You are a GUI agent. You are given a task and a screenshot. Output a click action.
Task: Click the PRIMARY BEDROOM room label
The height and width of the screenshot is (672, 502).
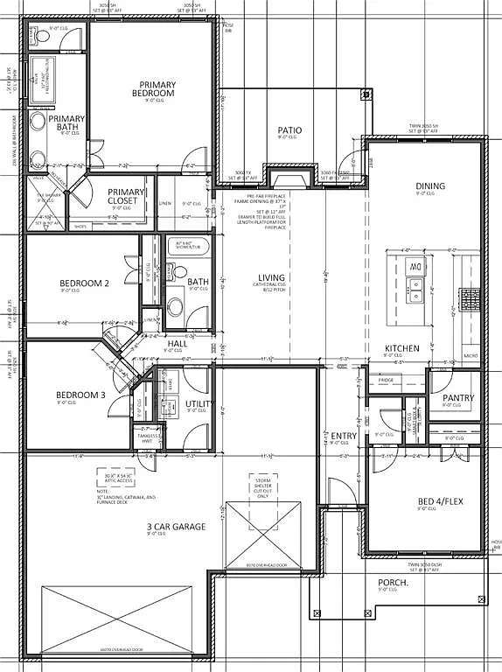coord(154,88)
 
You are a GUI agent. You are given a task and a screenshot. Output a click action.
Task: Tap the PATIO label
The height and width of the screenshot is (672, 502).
coord(289,129)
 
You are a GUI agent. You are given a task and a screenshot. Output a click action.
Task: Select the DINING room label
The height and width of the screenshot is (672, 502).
coord(430,185)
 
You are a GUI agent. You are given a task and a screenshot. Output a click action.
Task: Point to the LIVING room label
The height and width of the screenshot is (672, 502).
coord(271,277)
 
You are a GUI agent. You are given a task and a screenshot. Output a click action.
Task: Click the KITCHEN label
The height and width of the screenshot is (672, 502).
coord(401,348)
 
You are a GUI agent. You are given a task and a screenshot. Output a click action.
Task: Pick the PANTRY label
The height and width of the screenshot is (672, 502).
coord(458,398)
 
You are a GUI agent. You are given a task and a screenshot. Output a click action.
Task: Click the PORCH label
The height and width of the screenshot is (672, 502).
coord(393,582)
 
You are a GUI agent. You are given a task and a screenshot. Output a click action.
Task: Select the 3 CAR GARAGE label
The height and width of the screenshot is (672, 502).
coord(176,527)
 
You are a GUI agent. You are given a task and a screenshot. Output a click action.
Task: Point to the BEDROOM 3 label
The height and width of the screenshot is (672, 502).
coord(80,395)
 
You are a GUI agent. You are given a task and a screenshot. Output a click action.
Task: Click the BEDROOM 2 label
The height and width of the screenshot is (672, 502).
coord(84,283)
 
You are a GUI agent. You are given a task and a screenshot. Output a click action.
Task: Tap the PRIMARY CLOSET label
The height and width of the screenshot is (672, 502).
coord(126,196)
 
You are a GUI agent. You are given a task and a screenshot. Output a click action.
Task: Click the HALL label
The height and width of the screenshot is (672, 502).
coord(178,344)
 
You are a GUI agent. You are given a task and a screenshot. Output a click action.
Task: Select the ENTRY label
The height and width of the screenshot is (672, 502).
coord(343,435)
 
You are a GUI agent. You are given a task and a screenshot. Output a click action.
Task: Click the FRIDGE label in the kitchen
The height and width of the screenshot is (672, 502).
coord(386,381)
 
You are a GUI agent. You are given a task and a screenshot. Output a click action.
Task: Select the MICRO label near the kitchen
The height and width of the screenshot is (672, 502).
coord(471,356)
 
